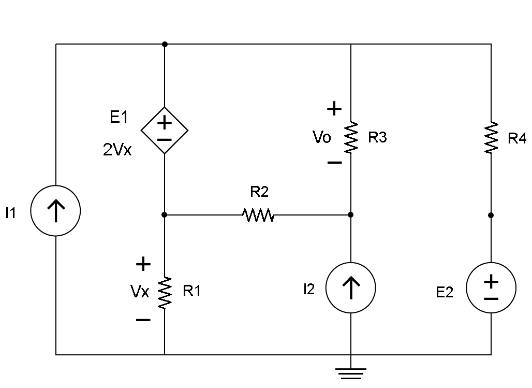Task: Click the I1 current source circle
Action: pos(56,211)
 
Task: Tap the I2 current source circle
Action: pos(351,288)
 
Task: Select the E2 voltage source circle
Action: pos(491,288)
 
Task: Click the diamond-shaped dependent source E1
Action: pos(165,131)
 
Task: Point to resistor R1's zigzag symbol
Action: pos(165,292)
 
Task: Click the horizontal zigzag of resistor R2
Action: pos(258,214)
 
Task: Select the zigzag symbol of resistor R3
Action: pos(351,137)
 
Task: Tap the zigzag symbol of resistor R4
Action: pos(491,137)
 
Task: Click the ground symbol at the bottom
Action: pos(351,372)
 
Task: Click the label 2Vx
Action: pos(117,150)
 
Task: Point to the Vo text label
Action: pos(322,138)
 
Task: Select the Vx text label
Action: pos(140,292)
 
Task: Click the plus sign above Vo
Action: pos(334,109)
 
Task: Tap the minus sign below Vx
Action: pos(143,320)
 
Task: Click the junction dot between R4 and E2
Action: pos(491,214)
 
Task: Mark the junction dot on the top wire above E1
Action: pos(165,44)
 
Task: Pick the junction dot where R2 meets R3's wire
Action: pos(351,214)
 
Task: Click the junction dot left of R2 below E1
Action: pos(165,214)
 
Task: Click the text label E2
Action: pos(445,293)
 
